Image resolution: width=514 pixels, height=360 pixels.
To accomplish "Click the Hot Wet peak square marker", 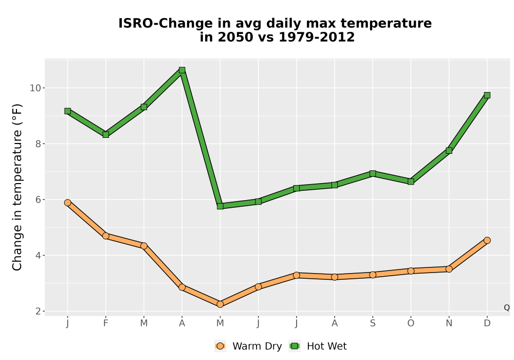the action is click(x=182, y=70).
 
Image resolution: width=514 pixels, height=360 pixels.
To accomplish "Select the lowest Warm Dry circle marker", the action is click(x=220, y=304).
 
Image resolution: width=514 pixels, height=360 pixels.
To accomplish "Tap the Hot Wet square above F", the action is click(x=105, y=134).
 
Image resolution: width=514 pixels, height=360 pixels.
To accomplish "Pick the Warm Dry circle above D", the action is click(x=487, y=240).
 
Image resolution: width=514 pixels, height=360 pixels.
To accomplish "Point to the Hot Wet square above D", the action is click(x=487, y=95).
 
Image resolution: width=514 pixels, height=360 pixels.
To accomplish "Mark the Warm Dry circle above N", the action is click(x=449, y=269).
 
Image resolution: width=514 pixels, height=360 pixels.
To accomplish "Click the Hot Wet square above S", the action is click(x=373, y=173).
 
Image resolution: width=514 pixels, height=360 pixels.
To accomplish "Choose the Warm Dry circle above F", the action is click(x=105, y=236).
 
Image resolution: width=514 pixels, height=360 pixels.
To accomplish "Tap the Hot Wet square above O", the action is click(x=411, y=182).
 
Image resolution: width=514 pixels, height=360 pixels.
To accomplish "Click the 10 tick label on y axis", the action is click(x=35, y=88).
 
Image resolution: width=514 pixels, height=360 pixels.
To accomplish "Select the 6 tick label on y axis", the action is click(x=38, y=200).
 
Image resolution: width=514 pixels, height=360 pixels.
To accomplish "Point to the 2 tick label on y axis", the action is click(x=38, y=311).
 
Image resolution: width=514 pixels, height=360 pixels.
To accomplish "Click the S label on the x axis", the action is click(x=373, y=323).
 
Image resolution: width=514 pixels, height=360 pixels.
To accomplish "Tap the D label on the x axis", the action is click(x=487, y=323).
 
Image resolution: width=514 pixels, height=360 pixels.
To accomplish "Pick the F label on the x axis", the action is click(x=105, y=323).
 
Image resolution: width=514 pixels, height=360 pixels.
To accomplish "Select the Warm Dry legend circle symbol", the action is click(x=221, y=346).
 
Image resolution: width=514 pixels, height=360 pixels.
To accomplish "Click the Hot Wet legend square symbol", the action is click(x=295, y=346).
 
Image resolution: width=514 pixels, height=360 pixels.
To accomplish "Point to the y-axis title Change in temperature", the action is click(x=17, y=187).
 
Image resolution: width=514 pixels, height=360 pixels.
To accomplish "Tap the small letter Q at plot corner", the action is click(x=507, y=308).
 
